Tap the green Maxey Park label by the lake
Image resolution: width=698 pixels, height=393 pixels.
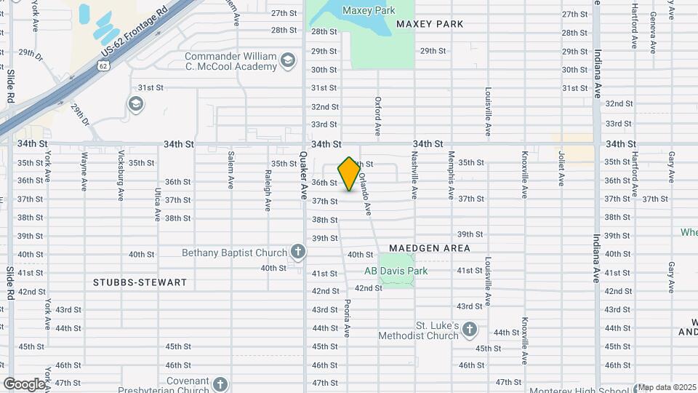pos(369,11)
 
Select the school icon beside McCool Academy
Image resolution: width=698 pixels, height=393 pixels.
pos(289,60)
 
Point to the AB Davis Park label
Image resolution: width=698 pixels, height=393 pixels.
pos(396,271)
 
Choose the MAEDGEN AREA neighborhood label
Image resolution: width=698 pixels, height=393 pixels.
pos(429,248)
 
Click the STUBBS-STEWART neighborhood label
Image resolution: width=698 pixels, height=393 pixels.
pos(140,282)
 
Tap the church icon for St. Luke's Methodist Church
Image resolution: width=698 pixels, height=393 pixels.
pos(470,330)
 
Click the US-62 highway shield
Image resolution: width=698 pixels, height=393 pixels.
pos(104,66)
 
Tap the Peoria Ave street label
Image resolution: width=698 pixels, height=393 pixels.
pos(348,317)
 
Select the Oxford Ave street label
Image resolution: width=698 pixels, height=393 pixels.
pos(378,116)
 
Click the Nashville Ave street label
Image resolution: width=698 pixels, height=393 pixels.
pos(414,180)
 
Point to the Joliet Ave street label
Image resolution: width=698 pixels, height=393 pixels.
pos(561,168)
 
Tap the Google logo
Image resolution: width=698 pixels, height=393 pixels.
pos(24,384)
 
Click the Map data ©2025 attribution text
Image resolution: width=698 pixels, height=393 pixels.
pos(667,387)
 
